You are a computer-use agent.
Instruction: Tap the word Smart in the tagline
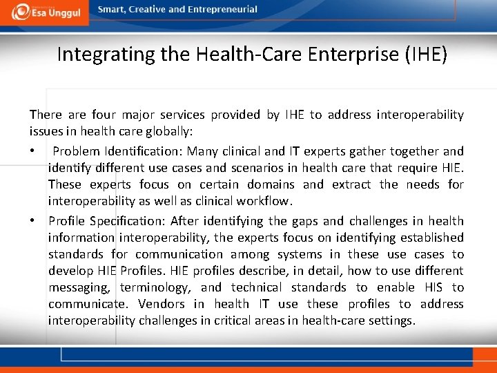click(112, 10)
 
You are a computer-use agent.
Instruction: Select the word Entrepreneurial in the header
click(223, 10)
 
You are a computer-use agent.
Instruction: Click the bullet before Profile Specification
click(32, 221)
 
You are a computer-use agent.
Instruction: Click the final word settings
click(392, 321)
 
